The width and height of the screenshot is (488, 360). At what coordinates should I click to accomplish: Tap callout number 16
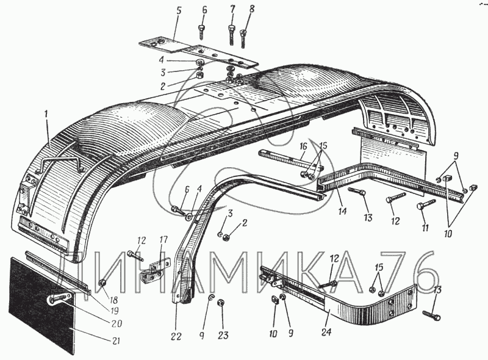[x=303, y=147]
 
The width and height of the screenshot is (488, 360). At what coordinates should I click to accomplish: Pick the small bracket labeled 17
[x=152, y=268]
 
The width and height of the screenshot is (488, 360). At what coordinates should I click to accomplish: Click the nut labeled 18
[x=102, y=283]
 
